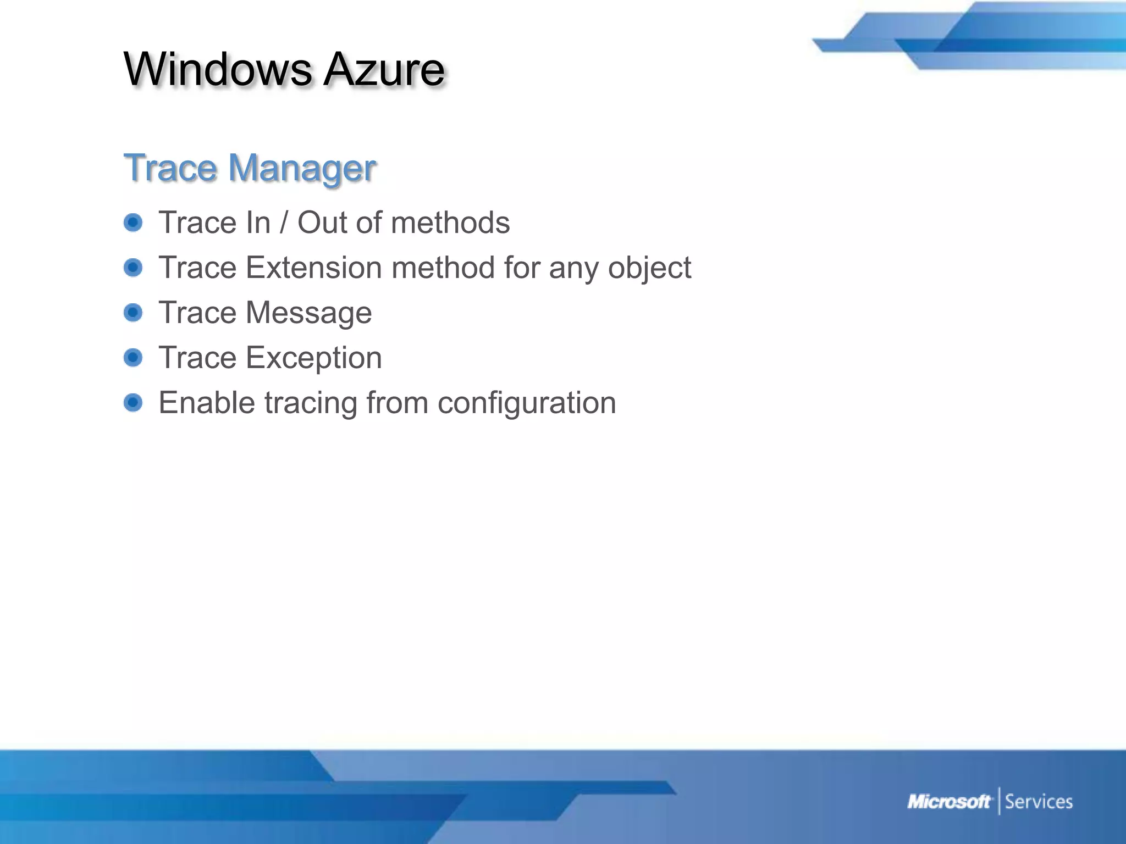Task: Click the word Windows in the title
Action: [218, 69]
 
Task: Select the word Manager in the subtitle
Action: [302, 168]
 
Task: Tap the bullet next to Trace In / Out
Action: [133, 223]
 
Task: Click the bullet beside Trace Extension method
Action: [133, 268]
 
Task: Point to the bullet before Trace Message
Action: [133, 313]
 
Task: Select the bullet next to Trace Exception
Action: [133, 358]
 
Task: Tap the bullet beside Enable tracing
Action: [133, 403]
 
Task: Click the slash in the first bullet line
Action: [284, 223]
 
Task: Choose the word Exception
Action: [314, 358]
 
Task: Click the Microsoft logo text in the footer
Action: [948, 802]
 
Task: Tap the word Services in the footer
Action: [1039, 802]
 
